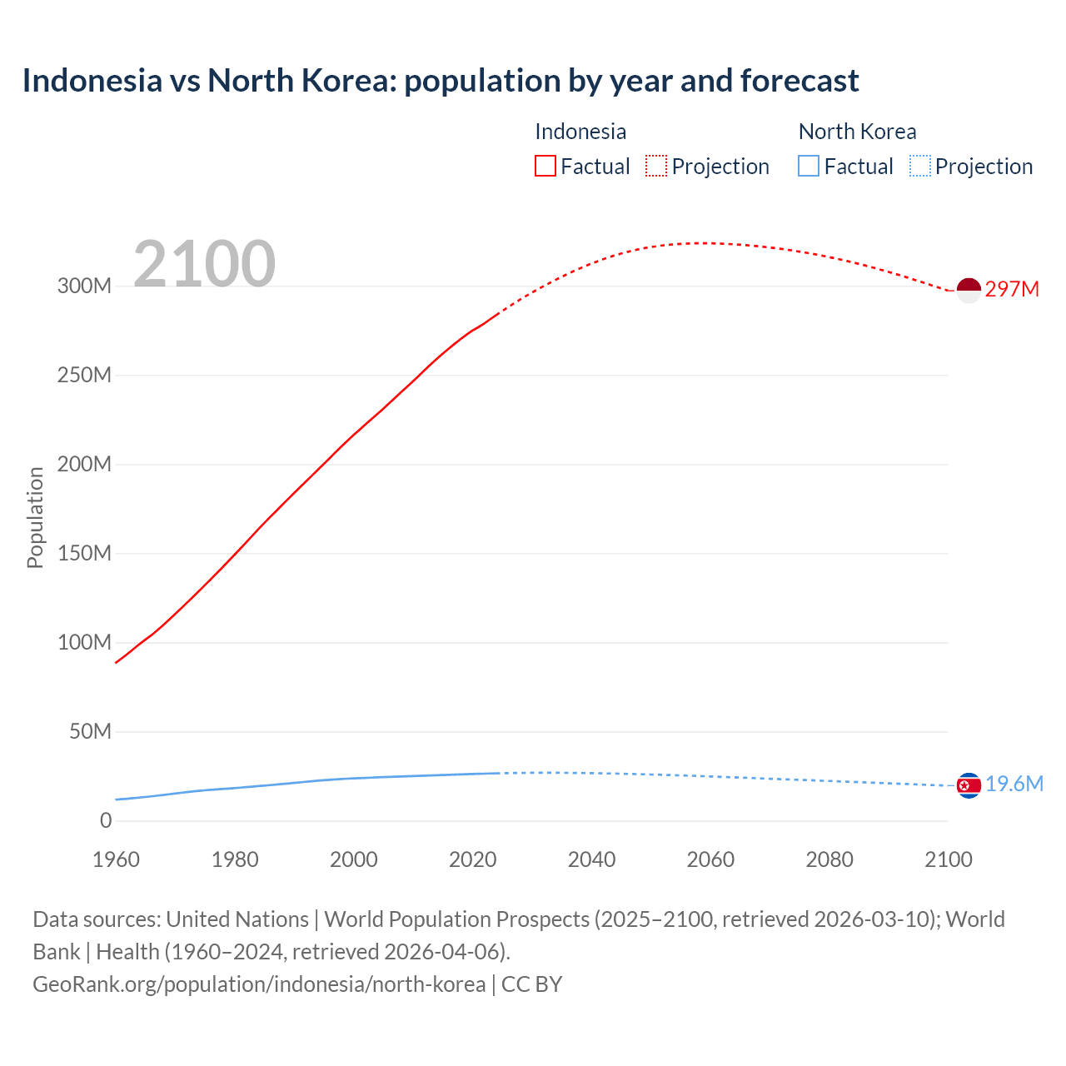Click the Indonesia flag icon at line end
click(x=969, y=290)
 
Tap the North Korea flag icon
click(x=969, y=785)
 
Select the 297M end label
click(x=1012, y=290)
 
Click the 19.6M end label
click(x=1014, y=785)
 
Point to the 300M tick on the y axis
click(x=84, y=286)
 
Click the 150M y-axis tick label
click(x=84, y=553)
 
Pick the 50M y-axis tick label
click(x=90, y=731)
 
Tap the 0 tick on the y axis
click(x=105, y=820)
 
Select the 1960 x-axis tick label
click(x=116, y=859)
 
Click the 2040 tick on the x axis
click(x=591, y=859)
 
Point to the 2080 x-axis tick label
click(x=829, y=859)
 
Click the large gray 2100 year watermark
click(x=204, y=264)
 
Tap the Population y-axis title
click(x=35, y=517)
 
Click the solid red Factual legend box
click(x=545, y=167)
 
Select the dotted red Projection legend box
click(x=656, y=167)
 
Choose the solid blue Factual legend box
click(x=809, y=167)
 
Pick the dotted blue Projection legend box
click(x=919, y=167)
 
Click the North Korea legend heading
click(x=857, y=132)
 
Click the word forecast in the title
click(x=799, y=81)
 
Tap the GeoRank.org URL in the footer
click(x=259, y=984)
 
